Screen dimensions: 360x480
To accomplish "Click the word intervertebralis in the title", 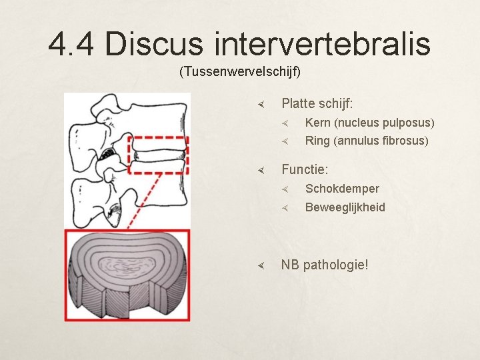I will click(323, 44).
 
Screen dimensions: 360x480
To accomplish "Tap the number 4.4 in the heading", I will click(73, 44).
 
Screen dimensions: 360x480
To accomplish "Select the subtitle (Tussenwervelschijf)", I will click(240, 71).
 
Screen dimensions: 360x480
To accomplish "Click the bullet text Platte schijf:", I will click(317, 103).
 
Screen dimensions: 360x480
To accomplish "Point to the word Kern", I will click(318, 123).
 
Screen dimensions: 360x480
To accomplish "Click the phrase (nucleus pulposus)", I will click(385, 123).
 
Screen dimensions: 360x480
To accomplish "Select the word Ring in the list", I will click(318, 141).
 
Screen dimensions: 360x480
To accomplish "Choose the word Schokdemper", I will click(342, 189).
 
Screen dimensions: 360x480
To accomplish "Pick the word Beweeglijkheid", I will click(345, 207).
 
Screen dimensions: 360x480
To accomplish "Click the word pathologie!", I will click(335, 265).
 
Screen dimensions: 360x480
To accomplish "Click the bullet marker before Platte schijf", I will click(262, 104).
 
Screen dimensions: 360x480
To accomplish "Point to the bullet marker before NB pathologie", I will click(262, 265).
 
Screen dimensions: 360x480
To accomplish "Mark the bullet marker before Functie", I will click(262, 171).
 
